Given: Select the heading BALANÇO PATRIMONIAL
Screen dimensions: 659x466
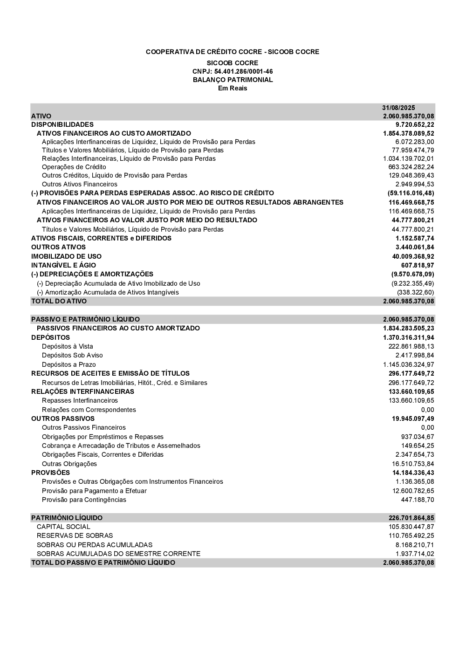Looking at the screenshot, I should pos(233,80).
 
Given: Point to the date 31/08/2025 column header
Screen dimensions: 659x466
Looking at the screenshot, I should pos(398,108).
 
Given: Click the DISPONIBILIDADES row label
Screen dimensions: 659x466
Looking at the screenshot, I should pos(62,124).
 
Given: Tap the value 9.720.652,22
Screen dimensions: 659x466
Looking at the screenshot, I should pos(415,124).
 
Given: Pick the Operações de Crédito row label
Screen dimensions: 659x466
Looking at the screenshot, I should pos(74,167).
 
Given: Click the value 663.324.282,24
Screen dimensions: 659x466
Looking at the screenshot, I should pos(411,167).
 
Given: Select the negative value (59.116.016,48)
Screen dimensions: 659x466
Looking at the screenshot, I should pos(411,193).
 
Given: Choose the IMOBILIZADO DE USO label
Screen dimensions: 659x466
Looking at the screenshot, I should pos(66,256).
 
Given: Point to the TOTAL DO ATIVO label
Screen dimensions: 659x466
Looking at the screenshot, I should pos(59,301).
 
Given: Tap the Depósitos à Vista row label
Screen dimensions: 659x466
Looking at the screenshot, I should pos(68,346).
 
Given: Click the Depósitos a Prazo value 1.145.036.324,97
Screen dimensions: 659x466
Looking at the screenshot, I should pos(409,364).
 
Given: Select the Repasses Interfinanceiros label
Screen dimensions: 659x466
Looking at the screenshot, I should pos(80,400).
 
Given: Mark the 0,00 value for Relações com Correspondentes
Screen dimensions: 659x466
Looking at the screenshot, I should pos(427,410).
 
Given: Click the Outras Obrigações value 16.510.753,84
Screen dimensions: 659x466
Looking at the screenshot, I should pos(413,464).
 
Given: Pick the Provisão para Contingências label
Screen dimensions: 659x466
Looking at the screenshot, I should pos(84,500).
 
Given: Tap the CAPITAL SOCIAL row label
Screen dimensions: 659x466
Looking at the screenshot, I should pos(63,527).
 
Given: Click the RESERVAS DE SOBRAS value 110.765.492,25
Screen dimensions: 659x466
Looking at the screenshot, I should pos(411,535).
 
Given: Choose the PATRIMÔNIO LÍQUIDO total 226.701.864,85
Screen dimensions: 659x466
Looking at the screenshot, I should pos(411,518).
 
